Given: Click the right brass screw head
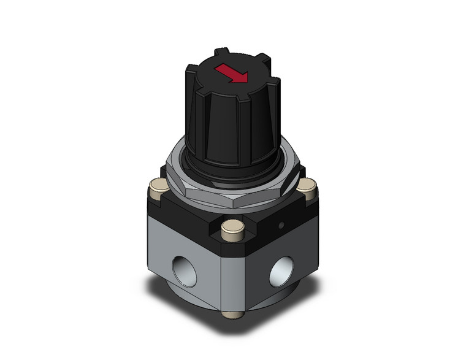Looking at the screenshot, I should [x=308, y=184].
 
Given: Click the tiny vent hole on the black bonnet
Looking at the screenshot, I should [x=280, y=224].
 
